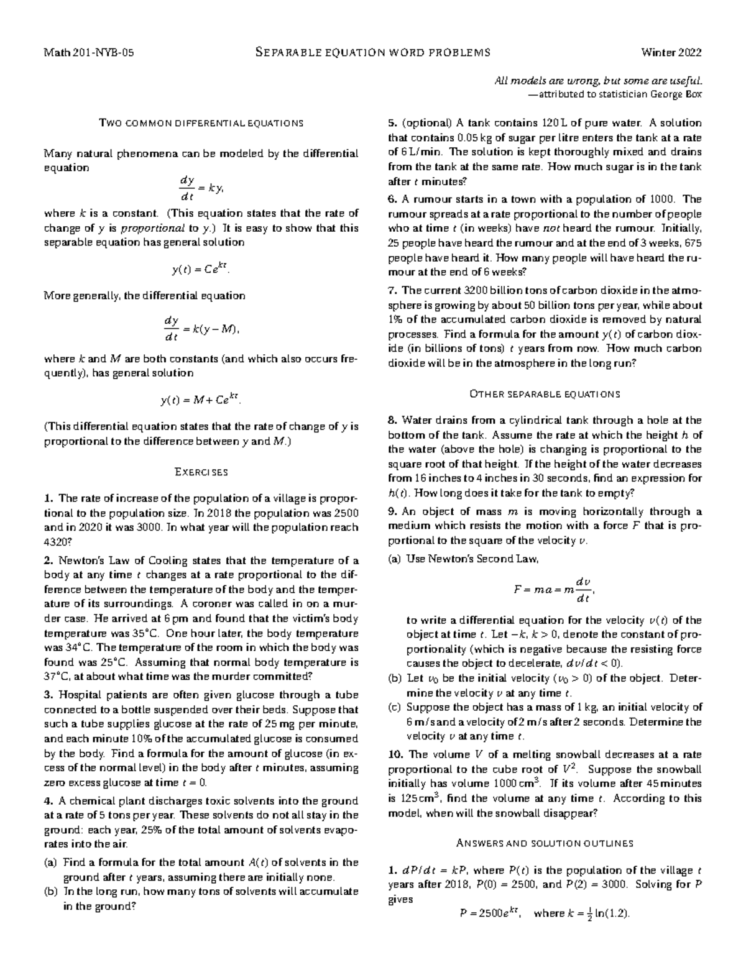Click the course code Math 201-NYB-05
pyautogui.click(x=88, y=52)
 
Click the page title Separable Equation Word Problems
pyautogui.click(x=373, y=52)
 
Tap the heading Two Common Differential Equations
pyautogui.click(x=201, y=123)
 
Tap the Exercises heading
pyautogui.click(x=201, y=472)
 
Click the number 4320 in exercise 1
pyautogui.click(x=57, y=541)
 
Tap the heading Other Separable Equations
pyautogui.click(x=545, y=394)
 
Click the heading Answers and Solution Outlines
pyautogui.click(x=545, y=843)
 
